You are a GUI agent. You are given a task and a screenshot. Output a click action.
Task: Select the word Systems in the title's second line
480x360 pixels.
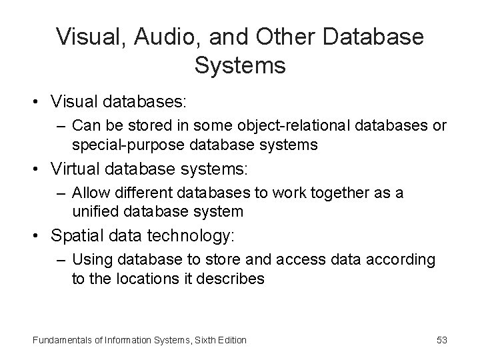click(x=241, y=66)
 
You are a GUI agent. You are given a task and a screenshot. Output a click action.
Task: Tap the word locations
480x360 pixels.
click(x=145, y=278)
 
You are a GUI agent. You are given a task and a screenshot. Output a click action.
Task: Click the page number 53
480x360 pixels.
click(x=441, y=340)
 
